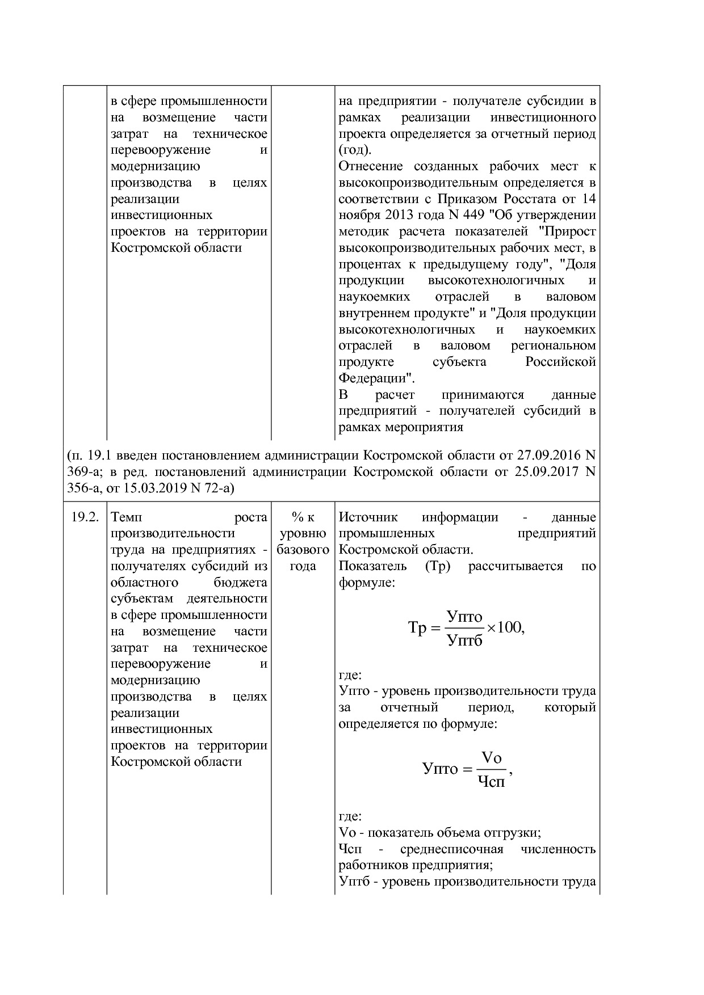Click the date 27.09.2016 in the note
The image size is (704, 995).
[547, 456]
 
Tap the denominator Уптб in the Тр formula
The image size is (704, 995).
[464, 641]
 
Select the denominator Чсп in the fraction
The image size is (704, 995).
[491, 782]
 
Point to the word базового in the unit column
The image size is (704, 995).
[303, 550]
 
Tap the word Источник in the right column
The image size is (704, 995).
[368, 517]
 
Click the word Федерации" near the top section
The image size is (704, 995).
[376, 378]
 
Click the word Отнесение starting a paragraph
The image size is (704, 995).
[371, 167]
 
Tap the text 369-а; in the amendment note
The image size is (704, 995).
[85, 472]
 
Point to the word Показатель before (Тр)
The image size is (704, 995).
[372, 566]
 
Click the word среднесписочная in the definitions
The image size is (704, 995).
[451, 849]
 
